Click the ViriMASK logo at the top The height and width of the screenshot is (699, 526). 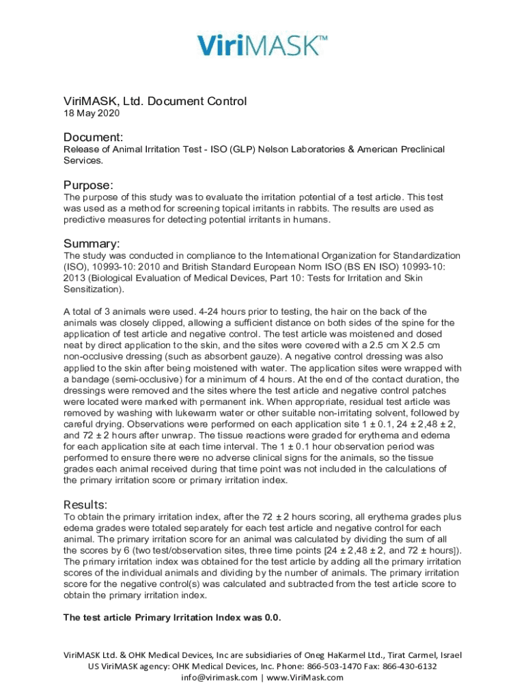262,45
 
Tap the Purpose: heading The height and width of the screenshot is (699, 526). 88,185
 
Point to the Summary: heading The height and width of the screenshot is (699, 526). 92,244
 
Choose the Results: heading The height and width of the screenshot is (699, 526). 85,504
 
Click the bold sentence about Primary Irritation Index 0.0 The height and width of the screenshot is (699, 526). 172,618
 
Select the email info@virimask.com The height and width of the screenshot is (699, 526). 219,678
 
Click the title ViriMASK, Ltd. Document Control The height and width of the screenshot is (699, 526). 155,101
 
